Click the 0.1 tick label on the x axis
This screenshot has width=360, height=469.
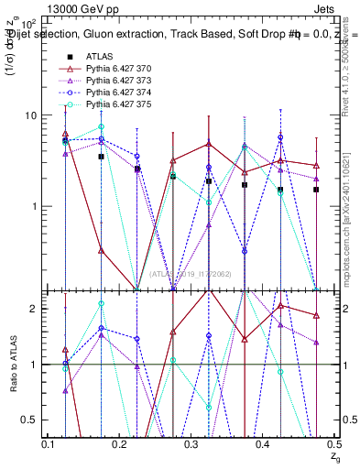(49, 444)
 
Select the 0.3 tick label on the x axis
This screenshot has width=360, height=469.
(191, 444)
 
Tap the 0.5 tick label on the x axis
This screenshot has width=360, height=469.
(333, 444)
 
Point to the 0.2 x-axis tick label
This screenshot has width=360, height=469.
(120, 444)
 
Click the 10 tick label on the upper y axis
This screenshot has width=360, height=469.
(29, 115)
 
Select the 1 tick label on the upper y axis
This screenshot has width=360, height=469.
(35, 206)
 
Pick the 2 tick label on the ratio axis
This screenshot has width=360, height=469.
(35, 309)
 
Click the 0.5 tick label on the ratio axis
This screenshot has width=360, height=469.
(29, 420)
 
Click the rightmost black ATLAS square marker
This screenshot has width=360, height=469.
(316, 190)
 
